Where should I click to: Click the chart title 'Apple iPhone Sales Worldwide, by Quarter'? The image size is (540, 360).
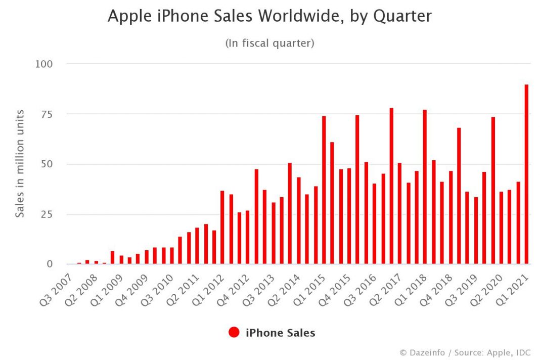[269, 17]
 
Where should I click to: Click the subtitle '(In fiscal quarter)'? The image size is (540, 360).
[269, 43]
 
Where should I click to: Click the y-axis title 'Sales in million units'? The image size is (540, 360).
[20, 163]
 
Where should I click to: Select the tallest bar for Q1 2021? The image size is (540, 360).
[526, 174]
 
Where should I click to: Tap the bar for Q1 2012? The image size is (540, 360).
[222, 228]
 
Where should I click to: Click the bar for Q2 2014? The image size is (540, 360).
[298, 220]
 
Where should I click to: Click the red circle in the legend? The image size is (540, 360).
[234, 333]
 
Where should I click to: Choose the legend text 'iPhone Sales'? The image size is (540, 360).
[280, 333]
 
